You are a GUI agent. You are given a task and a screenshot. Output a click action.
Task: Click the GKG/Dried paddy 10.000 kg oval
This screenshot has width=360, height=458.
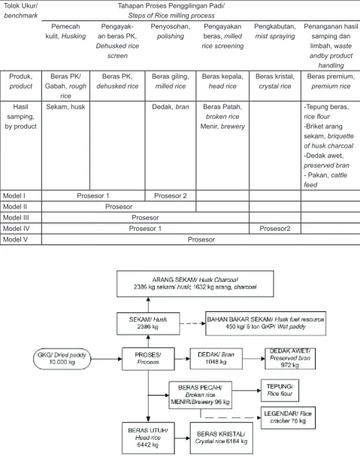coord(62,359)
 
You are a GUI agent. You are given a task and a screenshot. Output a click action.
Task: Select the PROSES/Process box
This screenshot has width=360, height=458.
coord(148,359)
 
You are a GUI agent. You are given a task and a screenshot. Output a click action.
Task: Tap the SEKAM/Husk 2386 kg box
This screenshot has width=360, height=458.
coord(148,323)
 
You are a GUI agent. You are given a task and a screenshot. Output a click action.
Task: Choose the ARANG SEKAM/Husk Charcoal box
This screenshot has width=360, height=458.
coord(195,284)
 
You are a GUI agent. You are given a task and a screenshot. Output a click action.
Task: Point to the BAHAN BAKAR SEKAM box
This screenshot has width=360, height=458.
coord(265,323)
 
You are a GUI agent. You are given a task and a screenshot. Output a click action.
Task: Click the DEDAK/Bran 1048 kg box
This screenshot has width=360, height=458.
coord(216,359)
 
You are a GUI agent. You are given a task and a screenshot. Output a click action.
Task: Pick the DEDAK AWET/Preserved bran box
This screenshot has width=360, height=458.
coord(290,359)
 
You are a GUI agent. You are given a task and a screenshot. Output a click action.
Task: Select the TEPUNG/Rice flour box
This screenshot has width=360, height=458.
coord(280,390)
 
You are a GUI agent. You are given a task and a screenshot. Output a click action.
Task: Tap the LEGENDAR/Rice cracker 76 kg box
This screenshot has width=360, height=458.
coord(288,417)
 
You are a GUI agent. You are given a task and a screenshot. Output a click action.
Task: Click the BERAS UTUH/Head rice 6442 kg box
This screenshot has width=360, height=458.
coord(148,438)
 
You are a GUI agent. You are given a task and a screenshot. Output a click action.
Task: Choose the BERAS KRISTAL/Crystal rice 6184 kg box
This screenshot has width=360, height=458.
coord(221,438)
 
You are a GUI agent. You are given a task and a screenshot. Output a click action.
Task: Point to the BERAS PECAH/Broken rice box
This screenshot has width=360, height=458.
coord(200,395)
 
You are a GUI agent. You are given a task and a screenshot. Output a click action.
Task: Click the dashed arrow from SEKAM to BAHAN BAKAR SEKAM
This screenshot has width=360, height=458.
coord(192,323)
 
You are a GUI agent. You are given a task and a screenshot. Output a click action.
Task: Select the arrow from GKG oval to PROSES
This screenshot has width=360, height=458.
coord(106,359)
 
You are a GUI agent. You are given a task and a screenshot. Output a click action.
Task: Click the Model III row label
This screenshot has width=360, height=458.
coord(16,217)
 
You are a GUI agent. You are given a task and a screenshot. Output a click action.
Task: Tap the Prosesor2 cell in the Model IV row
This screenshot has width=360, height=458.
coord(275,229)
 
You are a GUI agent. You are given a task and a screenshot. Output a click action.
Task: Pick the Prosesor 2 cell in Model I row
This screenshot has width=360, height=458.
coord(170,196)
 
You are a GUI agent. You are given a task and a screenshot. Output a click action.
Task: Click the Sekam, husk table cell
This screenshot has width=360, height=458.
coord(65,107)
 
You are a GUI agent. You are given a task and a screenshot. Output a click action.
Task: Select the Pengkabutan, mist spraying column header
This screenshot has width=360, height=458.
coord(275,32)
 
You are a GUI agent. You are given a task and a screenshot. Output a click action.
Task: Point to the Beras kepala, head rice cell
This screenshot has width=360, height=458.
coord(222,81)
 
